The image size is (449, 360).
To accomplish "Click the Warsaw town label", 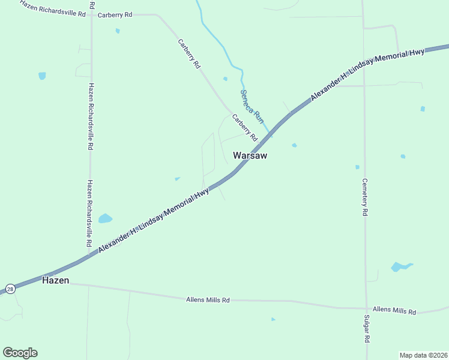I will pyautogui.click(x=250, y=155).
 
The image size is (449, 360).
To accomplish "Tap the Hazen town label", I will pyautogui.click(x=55, y=280).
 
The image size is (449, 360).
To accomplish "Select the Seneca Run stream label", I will pyautogui.click(x=252, y=103).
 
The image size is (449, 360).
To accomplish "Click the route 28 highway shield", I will pyautogui.click(x=10, y=289).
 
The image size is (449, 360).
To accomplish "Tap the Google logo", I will pyautogui.click(x=20, y=353).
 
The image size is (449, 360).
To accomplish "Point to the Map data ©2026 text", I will pyautogui.click(x=423, y=355).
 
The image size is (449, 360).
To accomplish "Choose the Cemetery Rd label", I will pyautogui.click(x=364, y=197).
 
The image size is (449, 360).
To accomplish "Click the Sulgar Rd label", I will pyautogui.click(x=367, y=328).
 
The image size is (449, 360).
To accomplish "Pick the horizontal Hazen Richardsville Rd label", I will pyautogui.click(x=53, y=8).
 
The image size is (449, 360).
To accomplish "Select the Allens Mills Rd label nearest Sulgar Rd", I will pyautogui.click(x=394, y=311).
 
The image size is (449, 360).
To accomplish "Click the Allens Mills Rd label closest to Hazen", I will pyautogui.click(x=208, y=299).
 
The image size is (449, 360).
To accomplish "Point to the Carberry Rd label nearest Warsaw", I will pyautogui.click(x=244, y=127).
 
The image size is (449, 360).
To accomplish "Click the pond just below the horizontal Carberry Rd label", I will pyautogui.click(x=118, y=31).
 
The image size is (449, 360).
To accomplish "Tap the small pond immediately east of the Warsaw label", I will pyautogui.click(x=294, y=145).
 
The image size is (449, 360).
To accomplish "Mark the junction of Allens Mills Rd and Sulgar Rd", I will pyautogui.click(x=366, y=309).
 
